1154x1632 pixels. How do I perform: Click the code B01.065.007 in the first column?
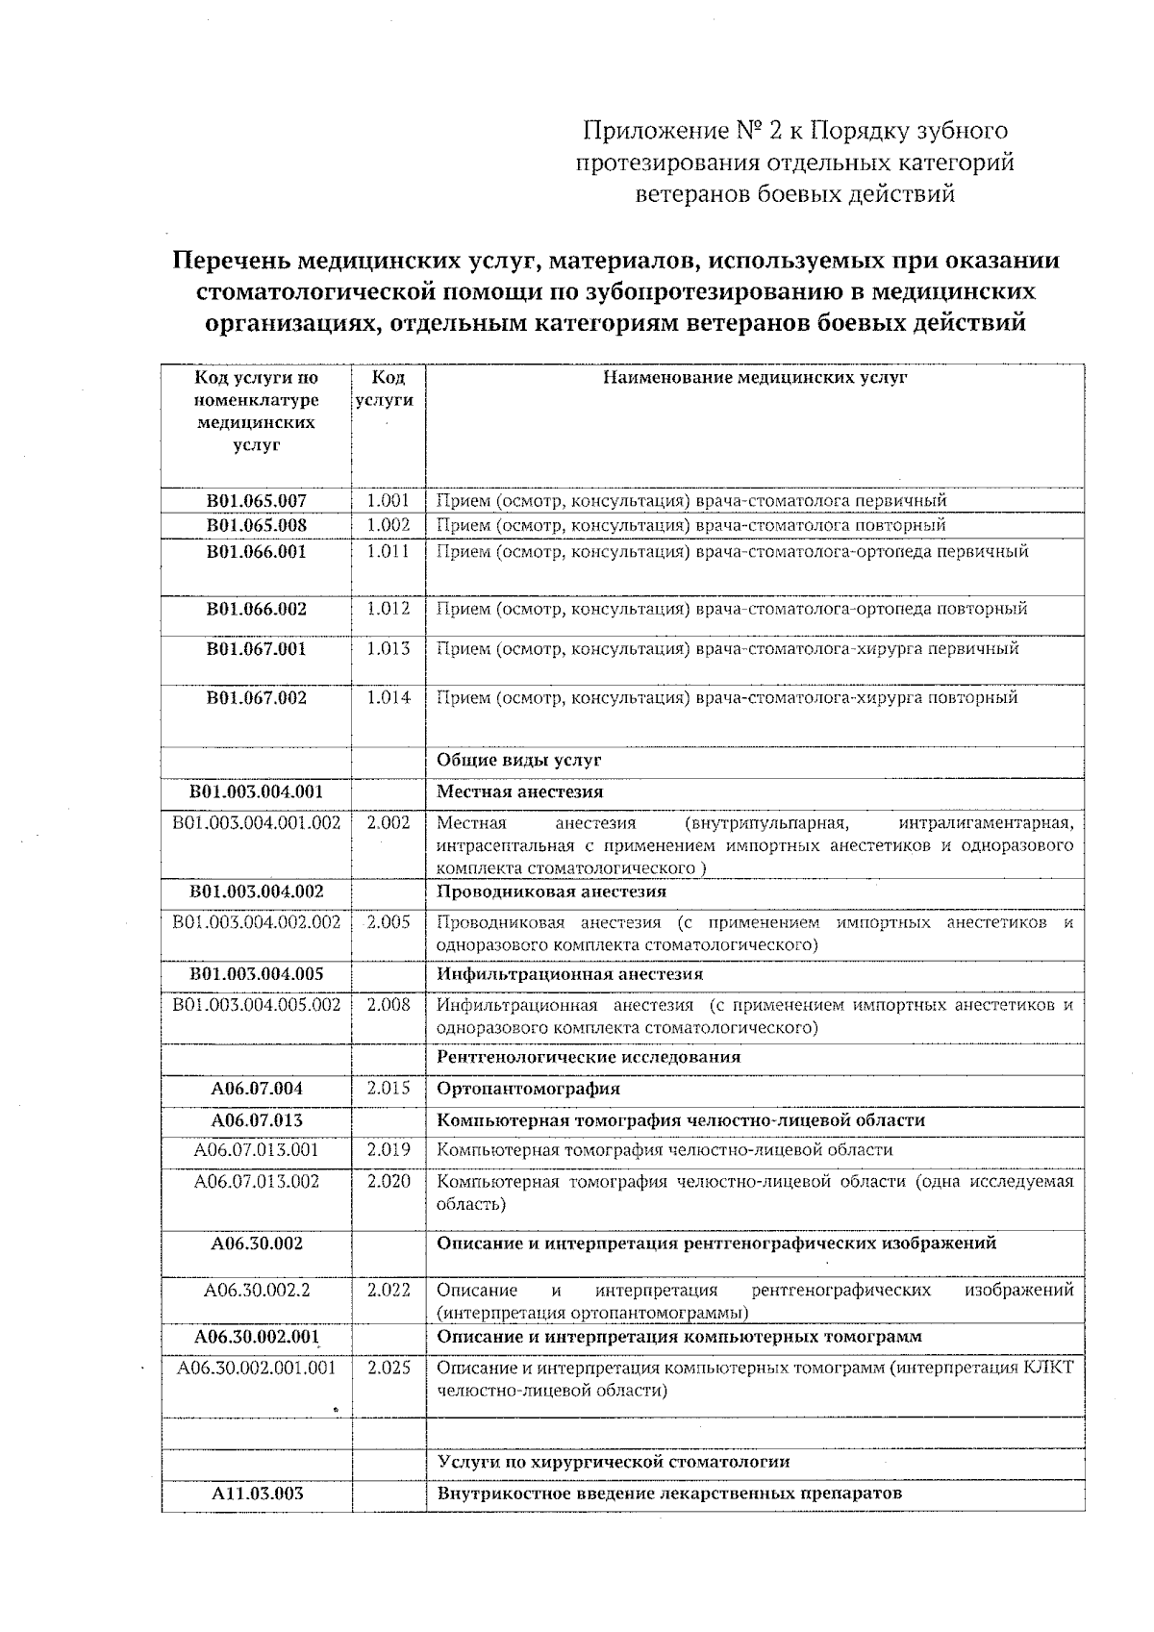[256, 500]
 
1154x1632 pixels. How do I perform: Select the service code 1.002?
[389, 525]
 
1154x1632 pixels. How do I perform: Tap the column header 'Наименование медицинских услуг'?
[755, 378]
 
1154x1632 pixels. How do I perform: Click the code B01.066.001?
[256, 552]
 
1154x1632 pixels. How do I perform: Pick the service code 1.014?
[389, 697]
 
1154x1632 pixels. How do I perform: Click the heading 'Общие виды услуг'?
[519, 760]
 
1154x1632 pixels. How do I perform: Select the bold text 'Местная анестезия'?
[520, 791]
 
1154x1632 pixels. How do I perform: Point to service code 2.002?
[389, 822]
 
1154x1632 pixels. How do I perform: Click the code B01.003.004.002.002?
[256, 922]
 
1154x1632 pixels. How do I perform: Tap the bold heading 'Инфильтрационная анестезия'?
[569, 973]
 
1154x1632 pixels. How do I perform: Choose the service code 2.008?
[389, 1005]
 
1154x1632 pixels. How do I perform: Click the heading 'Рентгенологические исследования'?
[589, 1056]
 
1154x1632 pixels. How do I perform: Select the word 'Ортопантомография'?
[528, 1089]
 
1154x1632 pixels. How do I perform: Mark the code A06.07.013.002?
[256, 1181]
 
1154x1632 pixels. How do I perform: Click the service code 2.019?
[389, 1149]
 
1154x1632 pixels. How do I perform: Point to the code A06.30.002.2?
[256, 1290]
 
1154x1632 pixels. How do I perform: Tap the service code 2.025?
[389, 1368]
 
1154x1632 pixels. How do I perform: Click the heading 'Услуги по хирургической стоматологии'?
[614, 1462]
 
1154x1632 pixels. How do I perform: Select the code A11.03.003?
[256, 1494]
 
